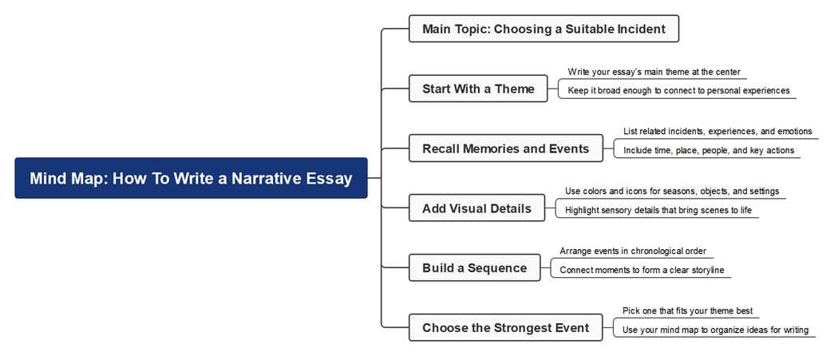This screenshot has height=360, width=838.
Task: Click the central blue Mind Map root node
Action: click(x=191, y=178)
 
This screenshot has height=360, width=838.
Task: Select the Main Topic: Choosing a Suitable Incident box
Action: click(x=544, y=30)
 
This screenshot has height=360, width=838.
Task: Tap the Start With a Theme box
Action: click(x=478, y=89)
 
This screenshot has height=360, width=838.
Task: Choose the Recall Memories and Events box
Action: click(x=505, y=148)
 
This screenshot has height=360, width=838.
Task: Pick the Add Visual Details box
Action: click(x=476, y=208)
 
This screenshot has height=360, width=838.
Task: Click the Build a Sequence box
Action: click(x=474, y=268)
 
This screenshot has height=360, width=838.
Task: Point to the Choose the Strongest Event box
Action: click(x=505, y=327)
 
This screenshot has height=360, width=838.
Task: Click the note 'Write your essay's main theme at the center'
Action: click(x=654, y=72)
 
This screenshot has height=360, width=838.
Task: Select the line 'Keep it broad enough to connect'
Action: click(x=678, y=91)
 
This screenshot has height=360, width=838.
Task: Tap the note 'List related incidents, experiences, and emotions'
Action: click(x=717, y=132)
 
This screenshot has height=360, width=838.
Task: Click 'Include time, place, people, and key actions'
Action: click(x=709, y=150)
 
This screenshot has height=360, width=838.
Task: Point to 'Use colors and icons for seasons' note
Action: click(x=672, y=192)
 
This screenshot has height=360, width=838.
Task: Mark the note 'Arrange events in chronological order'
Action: click(x=633, y=251)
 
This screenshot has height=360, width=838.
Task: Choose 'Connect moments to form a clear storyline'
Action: click(x=642, y=271)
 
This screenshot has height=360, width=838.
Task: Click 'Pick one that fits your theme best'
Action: click(x=687, y=311)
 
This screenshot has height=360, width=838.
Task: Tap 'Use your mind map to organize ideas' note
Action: click(x=715, y=330)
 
